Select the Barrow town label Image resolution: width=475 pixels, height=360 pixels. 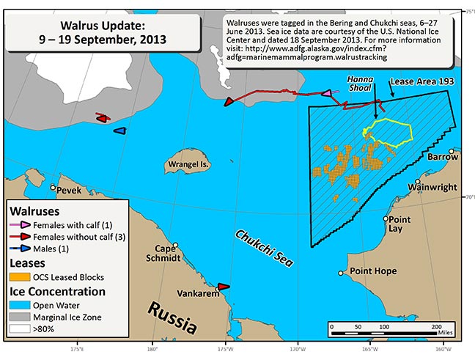[443, 157]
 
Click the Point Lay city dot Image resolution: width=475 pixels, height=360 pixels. [386, 218]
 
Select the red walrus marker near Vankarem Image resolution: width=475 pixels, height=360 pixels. [224, 287]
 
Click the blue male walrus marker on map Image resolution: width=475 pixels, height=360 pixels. [119, 131]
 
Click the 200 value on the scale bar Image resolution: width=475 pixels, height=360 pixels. [437, 325]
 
